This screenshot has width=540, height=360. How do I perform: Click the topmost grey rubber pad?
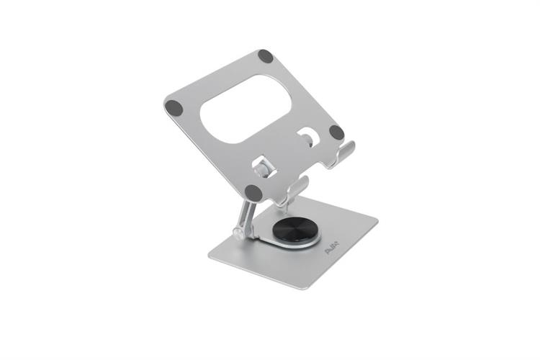coord(266,56)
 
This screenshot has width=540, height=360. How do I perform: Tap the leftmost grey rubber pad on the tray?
coord(174,108)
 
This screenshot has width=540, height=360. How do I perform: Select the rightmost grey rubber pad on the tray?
coord(336,132)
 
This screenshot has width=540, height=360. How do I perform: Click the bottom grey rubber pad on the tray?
coord(253,193)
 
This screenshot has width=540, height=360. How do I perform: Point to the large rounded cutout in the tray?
coord(245,108)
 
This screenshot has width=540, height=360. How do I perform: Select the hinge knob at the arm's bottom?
coord(238,234)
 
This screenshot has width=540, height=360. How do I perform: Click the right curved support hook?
coord(345,152)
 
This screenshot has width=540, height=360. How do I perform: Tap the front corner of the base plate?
coord(305,287)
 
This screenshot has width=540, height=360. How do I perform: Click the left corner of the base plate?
coord(210,254)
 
